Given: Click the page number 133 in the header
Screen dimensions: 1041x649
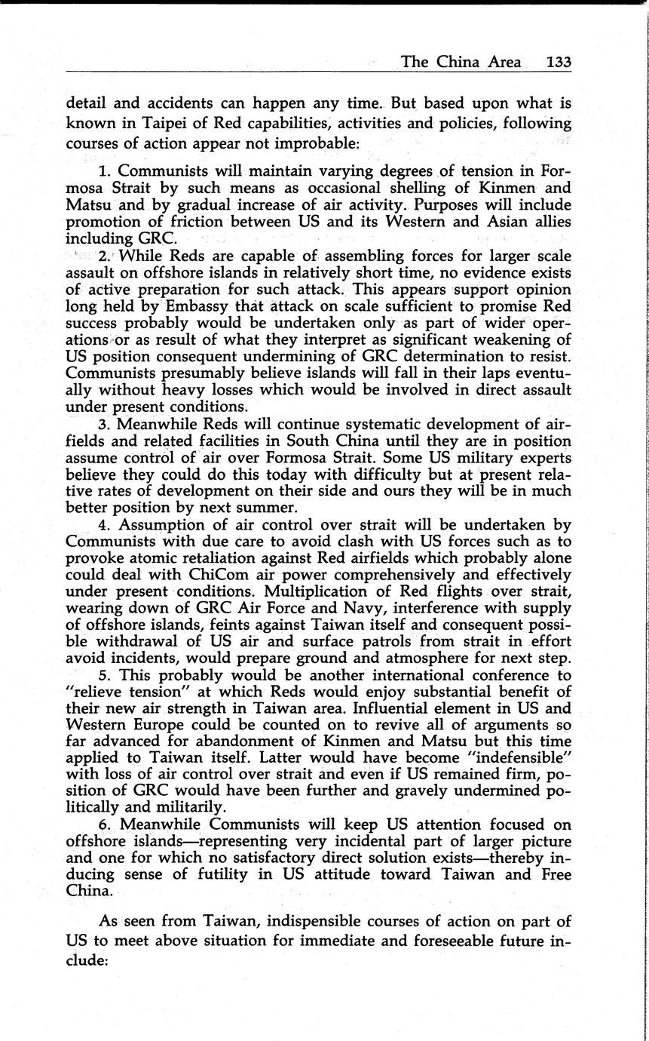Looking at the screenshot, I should [x=559, y=62].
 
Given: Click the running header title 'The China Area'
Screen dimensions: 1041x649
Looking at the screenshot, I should [x=461, y=62].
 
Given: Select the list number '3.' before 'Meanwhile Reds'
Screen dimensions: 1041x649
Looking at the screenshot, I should [x=105, y=424].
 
